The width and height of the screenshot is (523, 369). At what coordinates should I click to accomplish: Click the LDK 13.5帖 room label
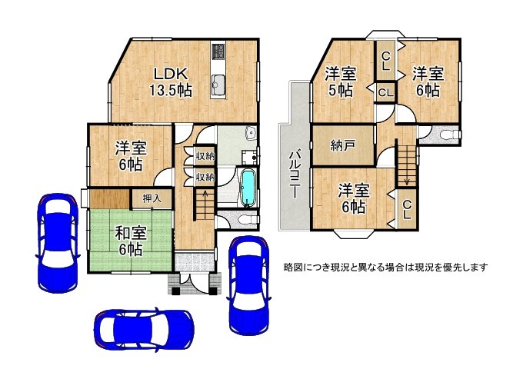171,81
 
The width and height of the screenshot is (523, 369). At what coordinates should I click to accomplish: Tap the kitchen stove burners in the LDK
218,52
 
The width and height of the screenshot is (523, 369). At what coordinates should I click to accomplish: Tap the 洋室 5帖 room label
339,81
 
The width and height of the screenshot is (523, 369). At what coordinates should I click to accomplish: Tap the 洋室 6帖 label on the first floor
129,156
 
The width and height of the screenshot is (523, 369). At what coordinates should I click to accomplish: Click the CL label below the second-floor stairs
407,209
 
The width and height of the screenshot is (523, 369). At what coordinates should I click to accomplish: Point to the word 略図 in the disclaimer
293,268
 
